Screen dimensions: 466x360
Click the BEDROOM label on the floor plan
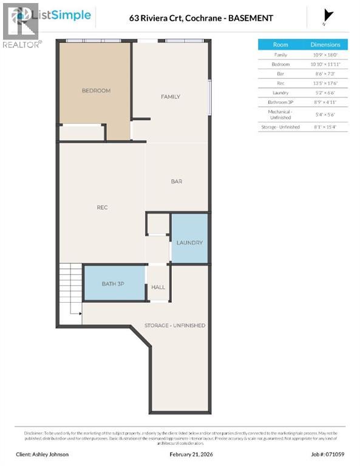(x=96, y=90)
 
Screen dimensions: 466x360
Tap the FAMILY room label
(x=170, y=96)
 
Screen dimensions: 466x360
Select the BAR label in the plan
(x=177, y=181)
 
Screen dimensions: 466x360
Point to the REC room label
(x=102, y=208)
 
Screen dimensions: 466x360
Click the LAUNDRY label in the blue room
(x=189, y=243)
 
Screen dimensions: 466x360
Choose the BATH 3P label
(x=113, y=283)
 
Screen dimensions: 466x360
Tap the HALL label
(x=158, y=287)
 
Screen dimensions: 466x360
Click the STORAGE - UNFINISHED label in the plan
(x=174, y=325)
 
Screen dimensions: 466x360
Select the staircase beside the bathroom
(x=70, y=288)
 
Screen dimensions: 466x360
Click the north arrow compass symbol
(x=328, y=16)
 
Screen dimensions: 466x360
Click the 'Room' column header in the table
(x=280, y=45)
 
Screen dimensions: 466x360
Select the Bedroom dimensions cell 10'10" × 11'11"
(x=326, y=64)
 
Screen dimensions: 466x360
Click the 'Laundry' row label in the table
(x=280, y=92)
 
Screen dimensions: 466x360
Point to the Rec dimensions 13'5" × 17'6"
(x=326, y=83)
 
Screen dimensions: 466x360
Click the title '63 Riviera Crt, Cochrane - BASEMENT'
(x=201, y=18)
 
